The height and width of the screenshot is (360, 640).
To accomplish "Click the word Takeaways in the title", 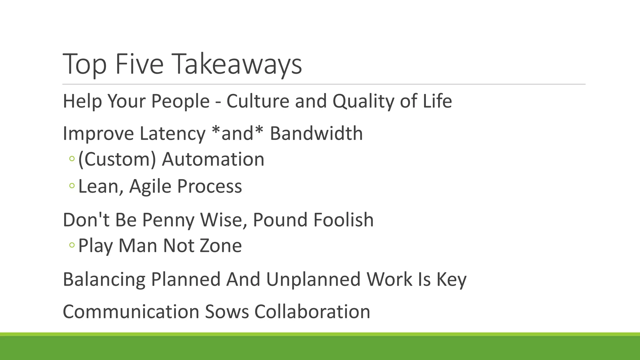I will point(237,64).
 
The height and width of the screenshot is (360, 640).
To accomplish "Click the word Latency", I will point(172,133).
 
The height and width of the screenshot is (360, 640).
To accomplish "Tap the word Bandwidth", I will point(316,133).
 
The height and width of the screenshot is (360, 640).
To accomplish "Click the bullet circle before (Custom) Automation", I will point(72,159).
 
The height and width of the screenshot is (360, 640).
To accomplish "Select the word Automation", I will point(213,159).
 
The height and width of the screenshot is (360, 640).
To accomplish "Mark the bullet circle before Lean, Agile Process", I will point(72,186).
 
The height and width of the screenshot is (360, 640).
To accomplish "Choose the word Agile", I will point(150,187).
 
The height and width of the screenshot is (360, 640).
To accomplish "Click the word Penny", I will point(168,220).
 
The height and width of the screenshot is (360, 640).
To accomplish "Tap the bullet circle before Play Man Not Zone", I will point(72,245).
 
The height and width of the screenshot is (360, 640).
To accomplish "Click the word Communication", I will point(131,312).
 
